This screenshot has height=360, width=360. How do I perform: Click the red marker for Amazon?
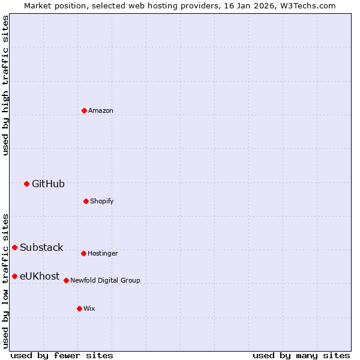[x=84, y=110]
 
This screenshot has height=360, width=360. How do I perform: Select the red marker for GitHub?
[x=26, y=184]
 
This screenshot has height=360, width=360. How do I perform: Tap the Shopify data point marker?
[x=86, y=201]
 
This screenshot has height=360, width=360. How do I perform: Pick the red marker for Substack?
[x=14, y=247]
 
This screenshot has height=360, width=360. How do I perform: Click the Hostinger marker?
[x=83, y=253]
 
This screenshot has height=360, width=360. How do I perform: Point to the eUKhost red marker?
[x=14, y=276]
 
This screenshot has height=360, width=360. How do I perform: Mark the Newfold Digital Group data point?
[x=66, y=280]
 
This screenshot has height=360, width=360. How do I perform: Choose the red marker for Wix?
[x=79, y=308]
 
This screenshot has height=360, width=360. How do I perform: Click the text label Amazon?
[x=101, y=111]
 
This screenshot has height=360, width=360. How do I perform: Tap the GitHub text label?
[x=48, y=184]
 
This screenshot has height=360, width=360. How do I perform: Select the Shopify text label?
[x=101, y=202]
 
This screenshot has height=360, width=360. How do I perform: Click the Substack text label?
[x=41, y=248]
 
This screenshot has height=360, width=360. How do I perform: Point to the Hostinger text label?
[x=103, y=254]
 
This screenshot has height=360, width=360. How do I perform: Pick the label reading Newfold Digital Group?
[x=105, y=281]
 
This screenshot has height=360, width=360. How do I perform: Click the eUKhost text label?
[x=40, y=277]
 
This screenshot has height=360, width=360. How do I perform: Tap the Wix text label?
[x=89, y=309]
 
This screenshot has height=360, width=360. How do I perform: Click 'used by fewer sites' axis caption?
[x=61, y=355]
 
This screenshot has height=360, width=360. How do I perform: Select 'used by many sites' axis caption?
[x=301, y=355]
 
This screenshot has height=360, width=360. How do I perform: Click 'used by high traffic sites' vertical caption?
[x=5, y=85]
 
